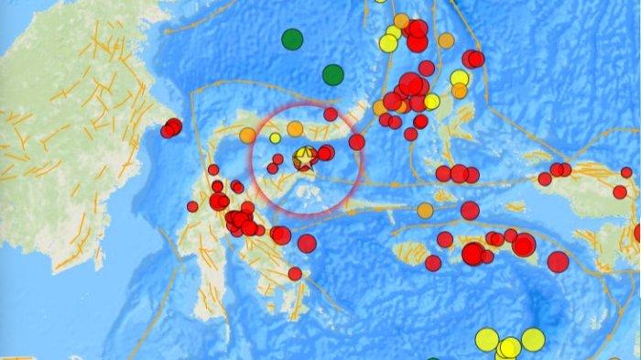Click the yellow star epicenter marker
303,159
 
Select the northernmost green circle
292,39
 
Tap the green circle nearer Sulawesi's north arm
332,75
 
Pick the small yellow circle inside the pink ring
275,138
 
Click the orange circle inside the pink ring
295,129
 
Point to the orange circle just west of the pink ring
247,136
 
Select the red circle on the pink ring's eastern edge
356,142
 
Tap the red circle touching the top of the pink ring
331,115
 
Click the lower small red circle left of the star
272,169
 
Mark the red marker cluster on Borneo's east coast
171,128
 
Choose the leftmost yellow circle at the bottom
486,340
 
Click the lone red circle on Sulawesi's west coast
192,206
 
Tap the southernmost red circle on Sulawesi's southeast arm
295,273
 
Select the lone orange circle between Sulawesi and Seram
425,211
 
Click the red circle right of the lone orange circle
470,211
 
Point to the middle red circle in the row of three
459,174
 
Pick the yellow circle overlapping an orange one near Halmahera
460,78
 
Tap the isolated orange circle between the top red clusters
446,40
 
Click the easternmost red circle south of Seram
558,262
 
